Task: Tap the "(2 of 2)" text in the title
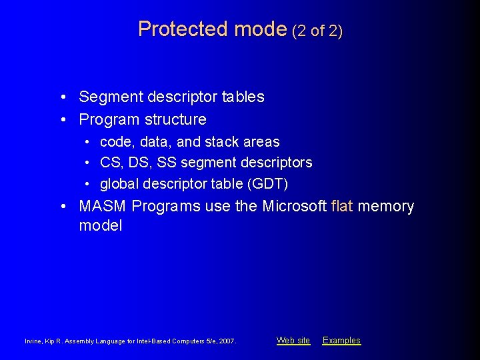click(x=317, y=30)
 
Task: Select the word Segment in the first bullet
click(x=108, y=97)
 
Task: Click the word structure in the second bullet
click(x=175, y=120)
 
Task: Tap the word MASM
click(x=103, y=207)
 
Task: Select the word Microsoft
click(x=294, y=207)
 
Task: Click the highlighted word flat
click(x=342, y=207)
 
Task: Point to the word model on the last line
click(x=101, y=226)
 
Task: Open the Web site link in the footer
click(x=293, y=341)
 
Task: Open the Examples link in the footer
click(x=341, y=341)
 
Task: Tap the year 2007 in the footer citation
click(x=226, y=341)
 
